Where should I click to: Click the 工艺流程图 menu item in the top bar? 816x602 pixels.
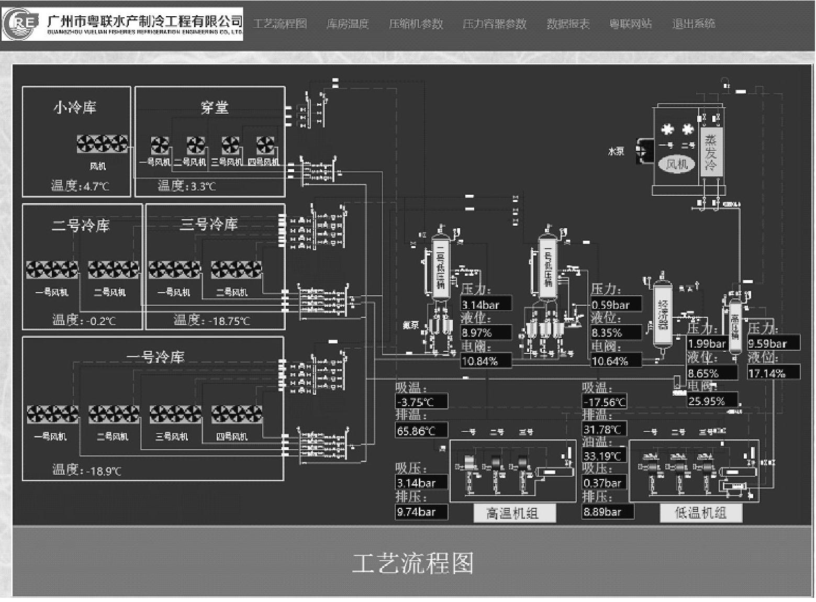coord(280,24)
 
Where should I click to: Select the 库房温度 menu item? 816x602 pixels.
coord(348,24)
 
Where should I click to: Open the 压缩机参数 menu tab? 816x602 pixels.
coord(416,24)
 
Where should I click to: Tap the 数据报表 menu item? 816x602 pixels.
coord(568,24)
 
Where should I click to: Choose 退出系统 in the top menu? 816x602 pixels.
coord(694,24)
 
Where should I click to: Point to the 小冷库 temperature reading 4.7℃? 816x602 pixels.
coord(94,186)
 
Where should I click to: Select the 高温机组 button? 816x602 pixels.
coord(514,513)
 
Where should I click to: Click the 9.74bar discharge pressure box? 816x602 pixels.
coord(421,511)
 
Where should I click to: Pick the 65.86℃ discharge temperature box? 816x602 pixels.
coord(421,430)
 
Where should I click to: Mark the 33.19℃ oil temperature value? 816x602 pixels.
coord(604,455)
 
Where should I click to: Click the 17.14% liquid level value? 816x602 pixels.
coord(773,373)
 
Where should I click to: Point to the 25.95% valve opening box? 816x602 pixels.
coord(712,401)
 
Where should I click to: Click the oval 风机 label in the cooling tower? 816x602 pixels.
coord(676,164)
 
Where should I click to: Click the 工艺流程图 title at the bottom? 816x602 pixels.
coord(412,563)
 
